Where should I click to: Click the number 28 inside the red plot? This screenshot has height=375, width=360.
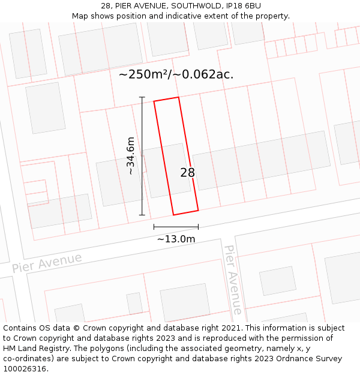point(187,173)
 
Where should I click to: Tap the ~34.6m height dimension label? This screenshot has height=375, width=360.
point(130,156)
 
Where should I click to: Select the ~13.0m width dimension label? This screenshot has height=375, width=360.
point(176,239)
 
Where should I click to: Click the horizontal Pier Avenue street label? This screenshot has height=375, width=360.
point(47,263)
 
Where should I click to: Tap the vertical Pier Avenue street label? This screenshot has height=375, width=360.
point(233,279)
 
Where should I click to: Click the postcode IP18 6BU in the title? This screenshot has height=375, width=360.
point(244,6)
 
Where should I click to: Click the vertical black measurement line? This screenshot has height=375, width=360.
point(142,156)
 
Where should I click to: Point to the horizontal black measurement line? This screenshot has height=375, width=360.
point(176,227)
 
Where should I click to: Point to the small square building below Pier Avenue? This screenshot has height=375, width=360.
point(277,281)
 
